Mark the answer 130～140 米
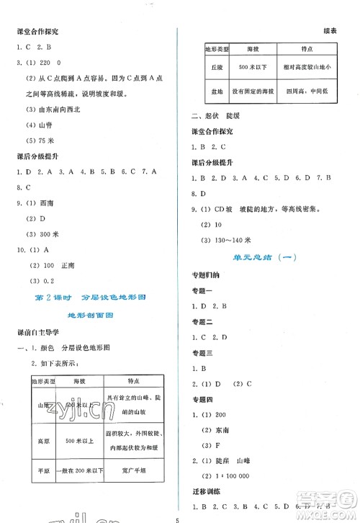tap(230, 239)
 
